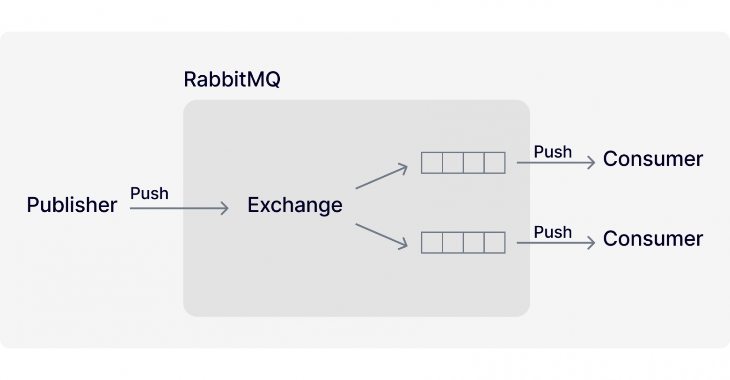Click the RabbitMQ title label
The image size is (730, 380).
pos(232,79)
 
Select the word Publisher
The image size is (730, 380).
pos(72,205)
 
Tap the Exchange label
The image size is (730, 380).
pos(295,205)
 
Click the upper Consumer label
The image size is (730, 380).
pos(653,159)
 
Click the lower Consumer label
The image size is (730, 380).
pos(653,239)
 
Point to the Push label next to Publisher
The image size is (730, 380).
pos(149,194)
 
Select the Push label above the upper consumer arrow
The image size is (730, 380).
pos(553,152)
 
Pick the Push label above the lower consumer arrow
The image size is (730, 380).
pos(553,232)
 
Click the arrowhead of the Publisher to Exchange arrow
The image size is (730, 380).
pos(226,208)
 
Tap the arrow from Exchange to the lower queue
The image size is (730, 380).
pos(381,236)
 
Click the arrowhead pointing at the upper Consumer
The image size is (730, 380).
pos(592,163)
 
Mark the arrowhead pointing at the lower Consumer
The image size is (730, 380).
pos(592,243)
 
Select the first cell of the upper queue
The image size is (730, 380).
pos(432,163)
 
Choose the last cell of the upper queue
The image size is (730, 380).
pos(495,163)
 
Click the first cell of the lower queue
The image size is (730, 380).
pos(432,243)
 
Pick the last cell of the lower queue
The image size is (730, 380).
pos(495,243)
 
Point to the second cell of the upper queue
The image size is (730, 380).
pos(453,163)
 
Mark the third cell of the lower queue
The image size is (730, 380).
pos(474,243)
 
